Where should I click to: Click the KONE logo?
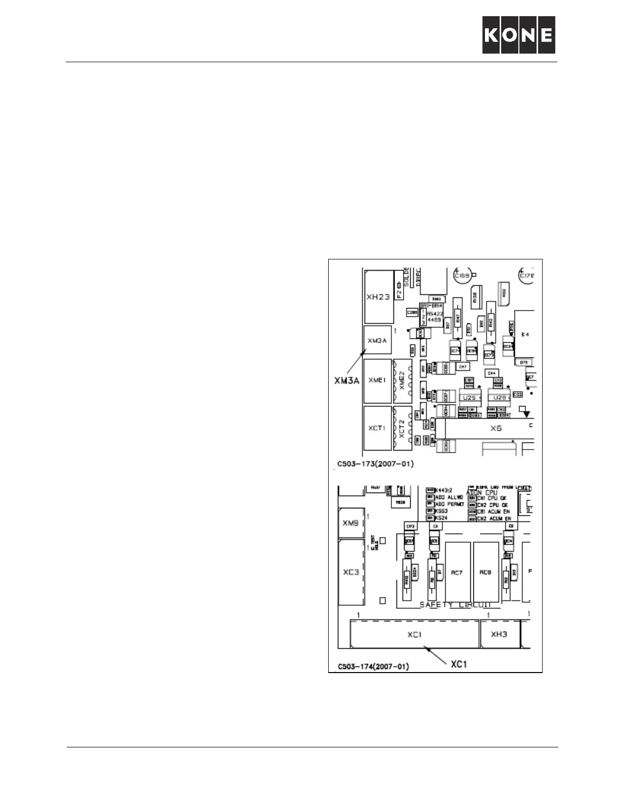tap(518, 35)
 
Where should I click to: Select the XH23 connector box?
tap(378, 297)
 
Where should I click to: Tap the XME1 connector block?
tap(377, 381)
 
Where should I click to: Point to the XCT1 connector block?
tap(377, 428)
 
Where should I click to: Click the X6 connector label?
tap(496, 428)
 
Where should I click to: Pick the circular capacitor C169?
tap(462, 276)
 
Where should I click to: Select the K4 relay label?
tap(525, 335)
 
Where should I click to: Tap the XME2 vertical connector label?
tap(403, 380)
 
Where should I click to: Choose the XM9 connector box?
tap(350, 523)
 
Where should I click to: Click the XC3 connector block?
tap(351, 572)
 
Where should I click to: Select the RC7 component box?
tap(457, 572)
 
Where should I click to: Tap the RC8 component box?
tap(485, 572)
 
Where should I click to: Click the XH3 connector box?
tap(499, 634)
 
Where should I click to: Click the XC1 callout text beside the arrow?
tap(458, 664)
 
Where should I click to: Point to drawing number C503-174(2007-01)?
tap(373, 667)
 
